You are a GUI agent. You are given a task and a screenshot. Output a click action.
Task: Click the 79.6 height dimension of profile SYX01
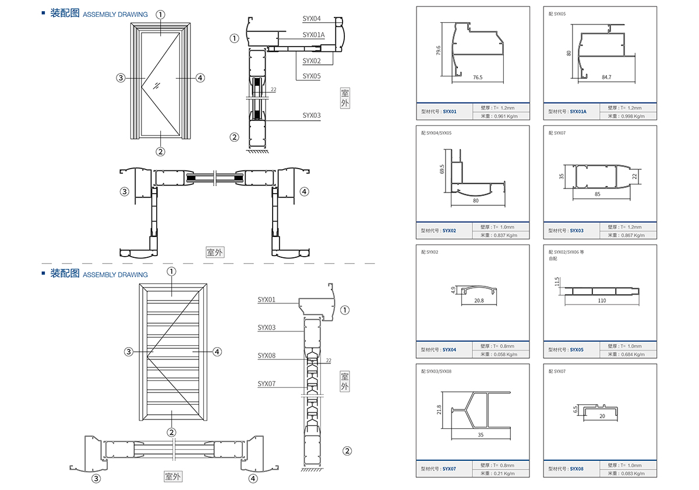[438, 50]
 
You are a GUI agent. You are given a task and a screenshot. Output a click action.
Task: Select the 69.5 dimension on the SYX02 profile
[443, 169]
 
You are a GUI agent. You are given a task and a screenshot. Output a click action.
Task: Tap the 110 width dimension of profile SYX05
[602, 300]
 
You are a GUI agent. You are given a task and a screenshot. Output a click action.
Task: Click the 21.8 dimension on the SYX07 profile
[439, 410]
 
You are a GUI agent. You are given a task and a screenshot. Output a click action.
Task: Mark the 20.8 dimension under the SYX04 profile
[478, 300]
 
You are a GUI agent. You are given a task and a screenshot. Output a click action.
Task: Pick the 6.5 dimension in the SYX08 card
[575, 410]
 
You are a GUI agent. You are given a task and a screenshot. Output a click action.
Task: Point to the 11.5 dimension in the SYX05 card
[557, 282]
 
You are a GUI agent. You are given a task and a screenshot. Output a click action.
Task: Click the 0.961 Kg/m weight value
[504, 116]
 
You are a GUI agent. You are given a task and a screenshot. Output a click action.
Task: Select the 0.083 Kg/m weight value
[632, 473]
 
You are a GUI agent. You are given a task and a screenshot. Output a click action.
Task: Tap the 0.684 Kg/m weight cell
[632, 354]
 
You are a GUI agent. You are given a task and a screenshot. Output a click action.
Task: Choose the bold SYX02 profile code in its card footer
[450, 230]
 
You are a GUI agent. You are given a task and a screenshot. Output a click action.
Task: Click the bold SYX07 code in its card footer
[450, 468]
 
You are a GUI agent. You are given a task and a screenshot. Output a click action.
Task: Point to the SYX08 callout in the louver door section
[266, 355]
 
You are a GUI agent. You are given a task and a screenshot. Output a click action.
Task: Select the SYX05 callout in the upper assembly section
[312, 76]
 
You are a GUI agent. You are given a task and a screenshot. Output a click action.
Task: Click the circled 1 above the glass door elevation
[161, 15]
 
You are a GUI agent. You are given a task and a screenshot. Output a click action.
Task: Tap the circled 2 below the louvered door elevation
[171, 432]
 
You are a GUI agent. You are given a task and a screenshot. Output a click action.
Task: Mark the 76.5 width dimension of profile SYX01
[478, 77]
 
